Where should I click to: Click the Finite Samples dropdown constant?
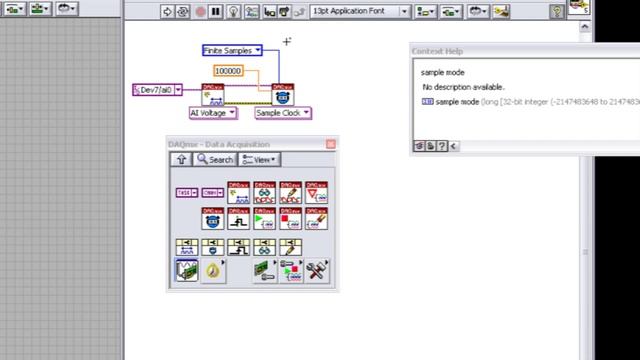[x=231, y=50]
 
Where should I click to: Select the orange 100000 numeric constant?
[x=228, y=71]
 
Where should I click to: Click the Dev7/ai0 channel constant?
[x=157, y=90]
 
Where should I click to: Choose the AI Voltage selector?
[x=212, y=113]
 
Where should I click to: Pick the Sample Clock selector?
[x=283, y=113]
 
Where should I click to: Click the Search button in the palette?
[x=215, y=159]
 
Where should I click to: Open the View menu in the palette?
[x=260, y=159]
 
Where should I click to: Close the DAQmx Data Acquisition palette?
[x=331, y=145]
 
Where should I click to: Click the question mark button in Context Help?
[x=442, y=146]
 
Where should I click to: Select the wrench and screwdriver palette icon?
[x=316, y=270]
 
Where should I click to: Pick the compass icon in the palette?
[x=213, y=270]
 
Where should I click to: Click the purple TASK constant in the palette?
[x=186, y=192]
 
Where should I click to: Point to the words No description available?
[x=463, y=87]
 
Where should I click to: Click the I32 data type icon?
[x=427, y=102]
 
